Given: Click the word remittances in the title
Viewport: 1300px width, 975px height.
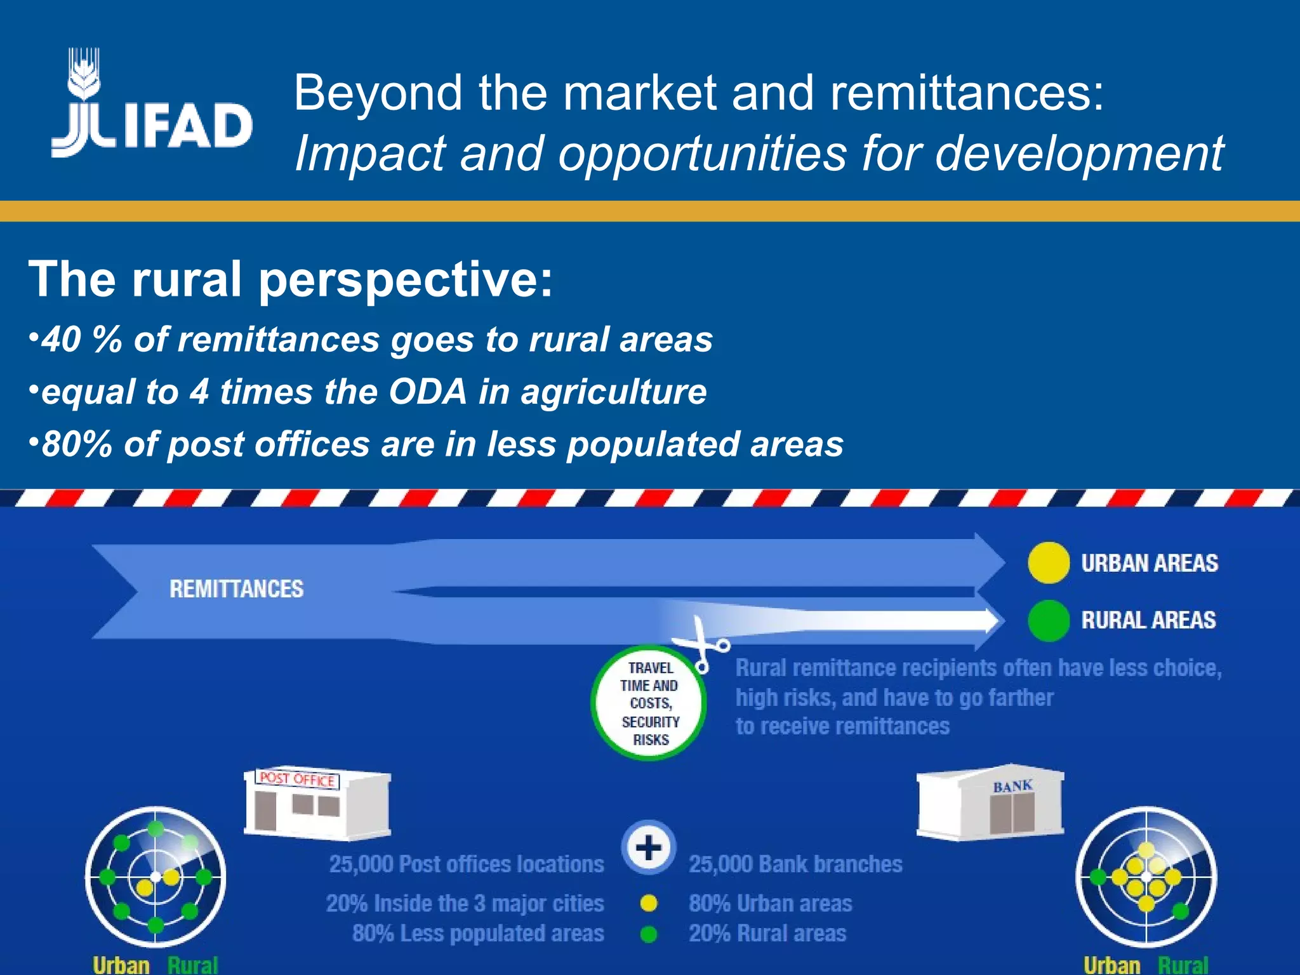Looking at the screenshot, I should (x=965, y=93).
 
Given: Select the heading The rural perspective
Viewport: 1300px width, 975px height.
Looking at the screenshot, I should (x=291, y=279).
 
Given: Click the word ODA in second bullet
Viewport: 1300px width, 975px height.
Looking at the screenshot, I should (x=428, y=392).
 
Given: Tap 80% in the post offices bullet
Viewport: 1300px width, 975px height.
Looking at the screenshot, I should (x=77, y=444).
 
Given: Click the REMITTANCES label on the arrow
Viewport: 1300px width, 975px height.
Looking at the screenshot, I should (x=236, y=589).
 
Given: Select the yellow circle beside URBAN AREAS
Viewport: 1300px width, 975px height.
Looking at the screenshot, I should (x=1048, y=563).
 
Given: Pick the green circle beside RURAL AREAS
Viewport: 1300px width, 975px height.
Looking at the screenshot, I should (x=1048, y=620).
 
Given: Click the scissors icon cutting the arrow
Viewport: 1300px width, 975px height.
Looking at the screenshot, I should (x=701, y=644).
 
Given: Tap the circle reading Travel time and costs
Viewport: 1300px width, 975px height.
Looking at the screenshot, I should (x=649, y=703).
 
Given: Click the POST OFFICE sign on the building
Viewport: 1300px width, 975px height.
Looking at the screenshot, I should (x=298, y=779).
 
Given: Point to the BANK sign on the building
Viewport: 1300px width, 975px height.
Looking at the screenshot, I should (x=1012, y=786).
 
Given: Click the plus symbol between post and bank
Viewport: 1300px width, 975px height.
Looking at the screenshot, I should (x=649, y=848).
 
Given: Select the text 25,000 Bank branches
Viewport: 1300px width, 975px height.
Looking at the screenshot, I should (x=795, y=865).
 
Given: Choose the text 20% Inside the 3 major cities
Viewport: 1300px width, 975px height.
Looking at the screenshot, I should (x=465, y=903).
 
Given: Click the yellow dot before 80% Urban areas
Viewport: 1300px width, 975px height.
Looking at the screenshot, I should (x=649, y=903).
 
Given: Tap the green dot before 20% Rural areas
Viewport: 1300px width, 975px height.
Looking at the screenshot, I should (x=649, y=934).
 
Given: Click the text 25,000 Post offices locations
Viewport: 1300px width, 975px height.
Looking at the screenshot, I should (x=467, y=865).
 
